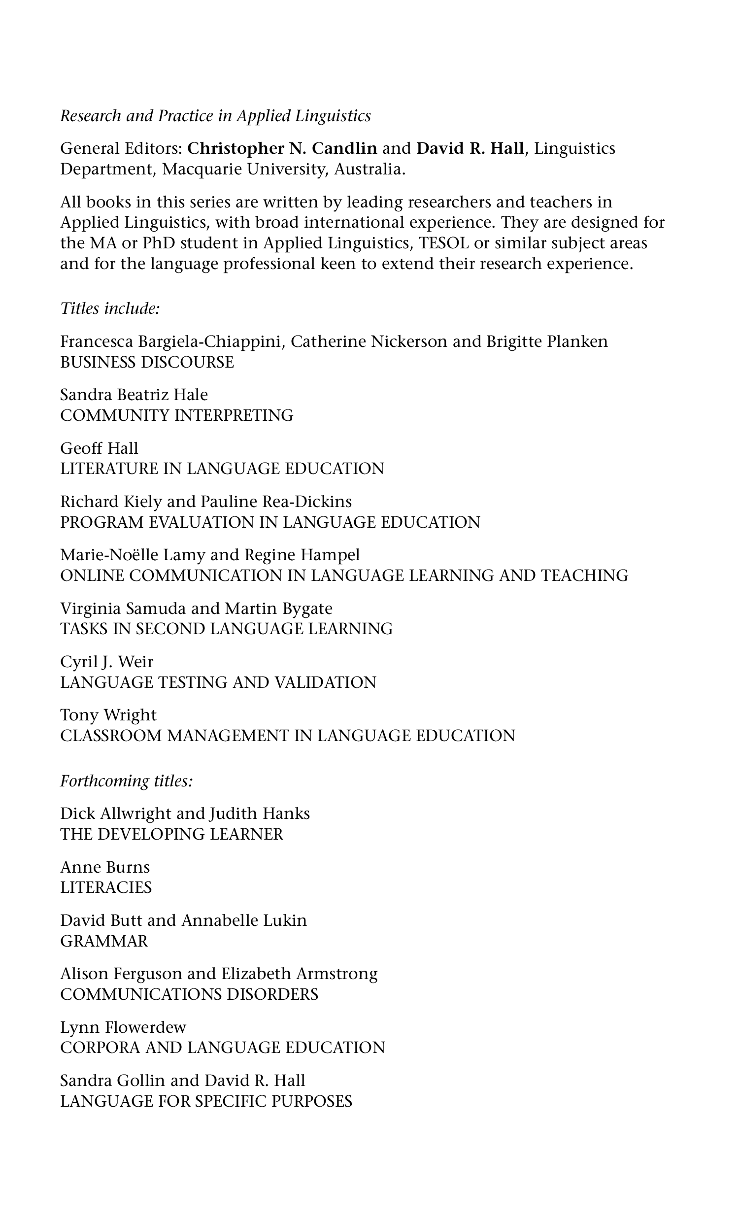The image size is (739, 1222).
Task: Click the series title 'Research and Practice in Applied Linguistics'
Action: tap(215, 116)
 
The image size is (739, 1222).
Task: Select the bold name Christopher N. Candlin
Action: tap(282, 148)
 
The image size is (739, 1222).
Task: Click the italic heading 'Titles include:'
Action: tap(109, 308)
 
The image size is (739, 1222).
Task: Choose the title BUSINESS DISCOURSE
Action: tap(147, 362)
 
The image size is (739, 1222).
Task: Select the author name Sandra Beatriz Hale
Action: tap(134, 395)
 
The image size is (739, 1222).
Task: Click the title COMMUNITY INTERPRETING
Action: tap(176, 415)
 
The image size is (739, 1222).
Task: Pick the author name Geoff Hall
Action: tap(99, 448)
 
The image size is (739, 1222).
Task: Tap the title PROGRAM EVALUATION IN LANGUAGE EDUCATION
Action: tap(270, 522)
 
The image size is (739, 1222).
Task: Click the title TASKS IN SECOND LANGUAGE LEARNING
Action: tap(226, 629)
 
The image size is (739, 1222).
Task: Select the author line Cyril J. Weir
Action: tap(106, 662)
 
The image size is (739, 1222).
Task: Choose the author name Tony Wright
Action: tap(108, 715)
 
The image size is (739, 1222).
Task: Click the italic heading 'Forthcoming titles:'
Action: tap(126, 781)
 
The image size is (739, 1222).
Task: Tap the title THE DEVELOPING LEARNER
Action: tap(171, 834)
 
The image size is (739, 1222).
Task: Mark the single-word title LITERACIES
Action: tap(105, 887)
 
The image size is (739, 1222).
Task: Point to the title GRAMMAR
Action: tap(104, 941)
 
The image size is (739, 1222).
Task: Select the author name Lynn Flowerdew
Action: tap(123, 1027)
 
